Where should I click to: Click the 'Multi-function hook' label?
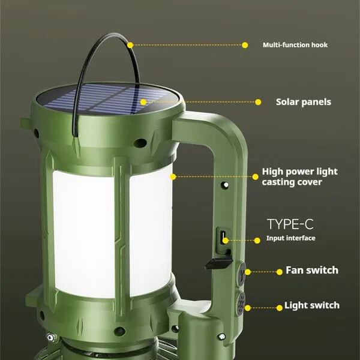click(295, 45)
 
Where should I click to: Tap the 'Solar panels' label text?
click(303, 102)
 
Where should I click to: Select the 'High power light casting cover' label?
click(299, 177)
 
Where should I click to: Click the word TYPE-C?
click(290, 224)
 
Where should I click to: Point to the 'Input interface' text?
click(290, 238)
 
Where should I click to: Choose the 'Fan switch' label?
click(312, 270)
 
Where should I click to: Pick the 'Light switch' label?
click(312, 305)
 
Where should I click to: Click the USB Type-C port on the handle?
click(223, 237)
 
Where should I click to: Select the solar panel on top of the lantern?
click(108, 99)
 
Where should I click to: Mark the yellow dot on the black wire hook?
click(130, 45)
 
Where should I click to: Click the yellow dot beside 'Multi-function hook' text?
click(245, 45)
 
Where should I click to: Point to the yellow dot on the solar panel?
click(143, 102)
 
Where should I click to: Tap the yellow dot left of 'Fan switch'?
click(280, 272)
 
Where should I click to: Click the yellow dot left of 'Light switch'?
click(280, 308)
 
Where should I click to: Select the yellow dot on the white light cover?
click(173, 176)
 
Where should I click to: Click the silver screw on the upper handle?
click(226, 185)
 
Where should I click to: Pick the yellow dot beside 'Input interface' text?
click(257, 241)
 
